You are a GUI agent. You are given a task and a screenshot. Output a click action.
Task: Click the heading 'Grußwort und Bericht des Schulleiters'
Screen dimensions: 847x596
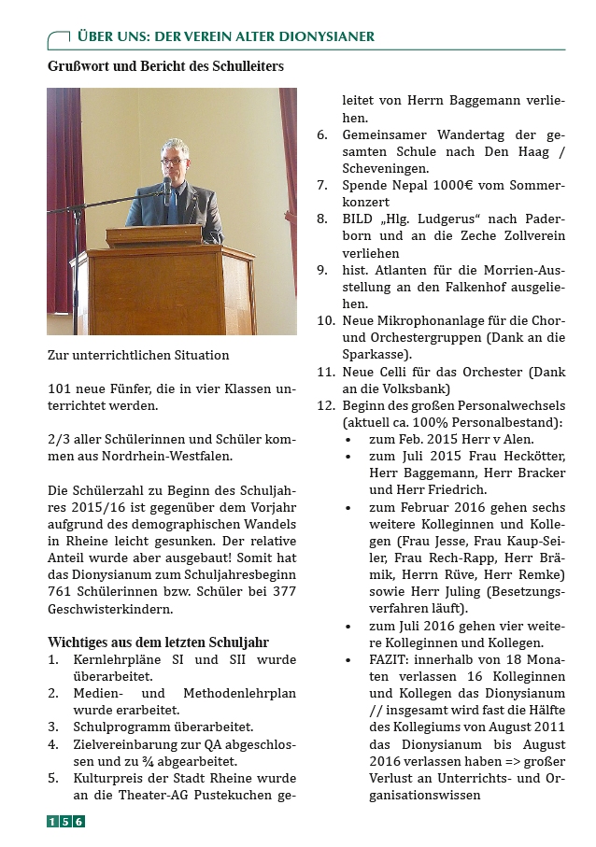pyautogui.click(x=165, y=67)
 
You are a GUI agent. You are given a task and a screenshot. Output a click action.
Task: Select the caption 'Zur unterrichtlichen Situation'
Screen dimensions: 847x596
pyautogui.click(x=138, y=356)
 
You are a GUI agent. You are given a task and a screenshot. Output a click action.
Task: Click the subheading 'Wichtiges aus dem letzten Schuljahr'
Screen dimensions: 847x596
pyautogui.click(x=158, y=642)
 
